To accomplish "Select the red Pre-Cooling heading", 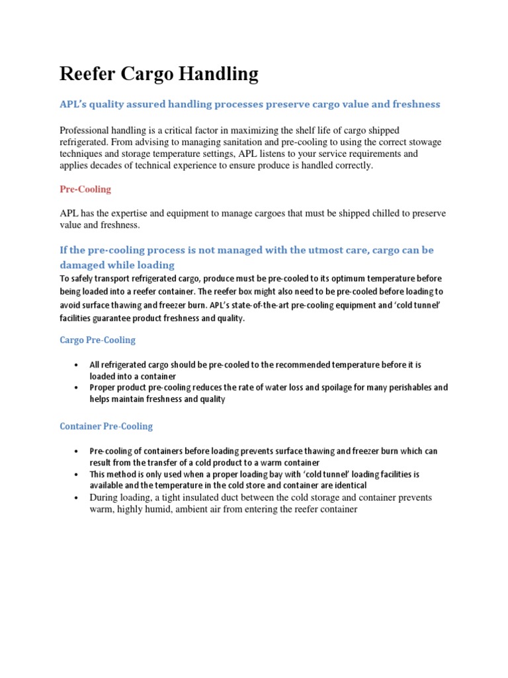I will point(85,189).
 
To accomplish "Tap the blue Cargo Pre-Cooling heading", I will point(97,340).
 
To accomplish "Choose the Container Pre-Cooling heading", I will point(106,426).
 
